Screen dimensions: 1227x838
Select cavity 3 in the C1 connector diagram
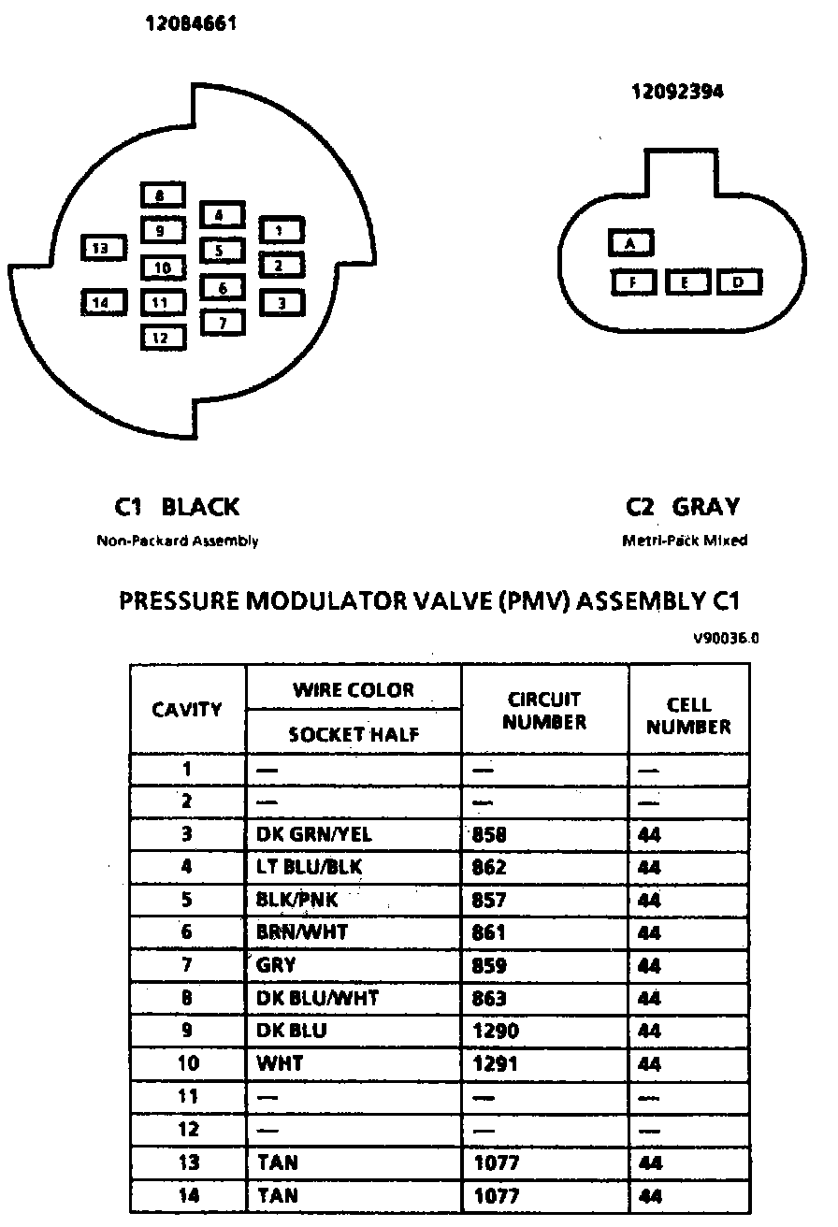281,303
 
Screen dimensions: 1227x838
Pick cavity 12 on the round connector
163,338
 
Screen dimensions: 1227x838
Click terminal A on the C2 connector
631,244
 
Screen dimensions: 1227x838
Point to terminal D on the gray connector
739,281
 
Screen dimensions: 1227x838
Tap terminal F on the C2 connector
634,281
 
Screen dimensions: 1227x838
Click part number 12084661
190,24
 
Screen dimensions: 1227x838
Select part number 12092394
677,92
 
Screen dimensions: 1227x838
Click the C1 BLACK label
177,507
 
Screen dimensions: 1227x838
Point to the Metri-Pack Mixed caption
685,541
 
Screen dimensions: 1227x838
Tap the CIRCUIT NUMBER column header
544,711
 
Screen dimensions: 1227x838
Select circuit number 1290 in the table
496,1031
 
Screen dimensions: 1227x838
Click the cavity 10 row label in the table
187,1063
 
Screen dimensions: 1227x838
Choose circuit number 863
489,998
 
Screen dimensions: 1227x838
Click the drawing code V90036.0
726,640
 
